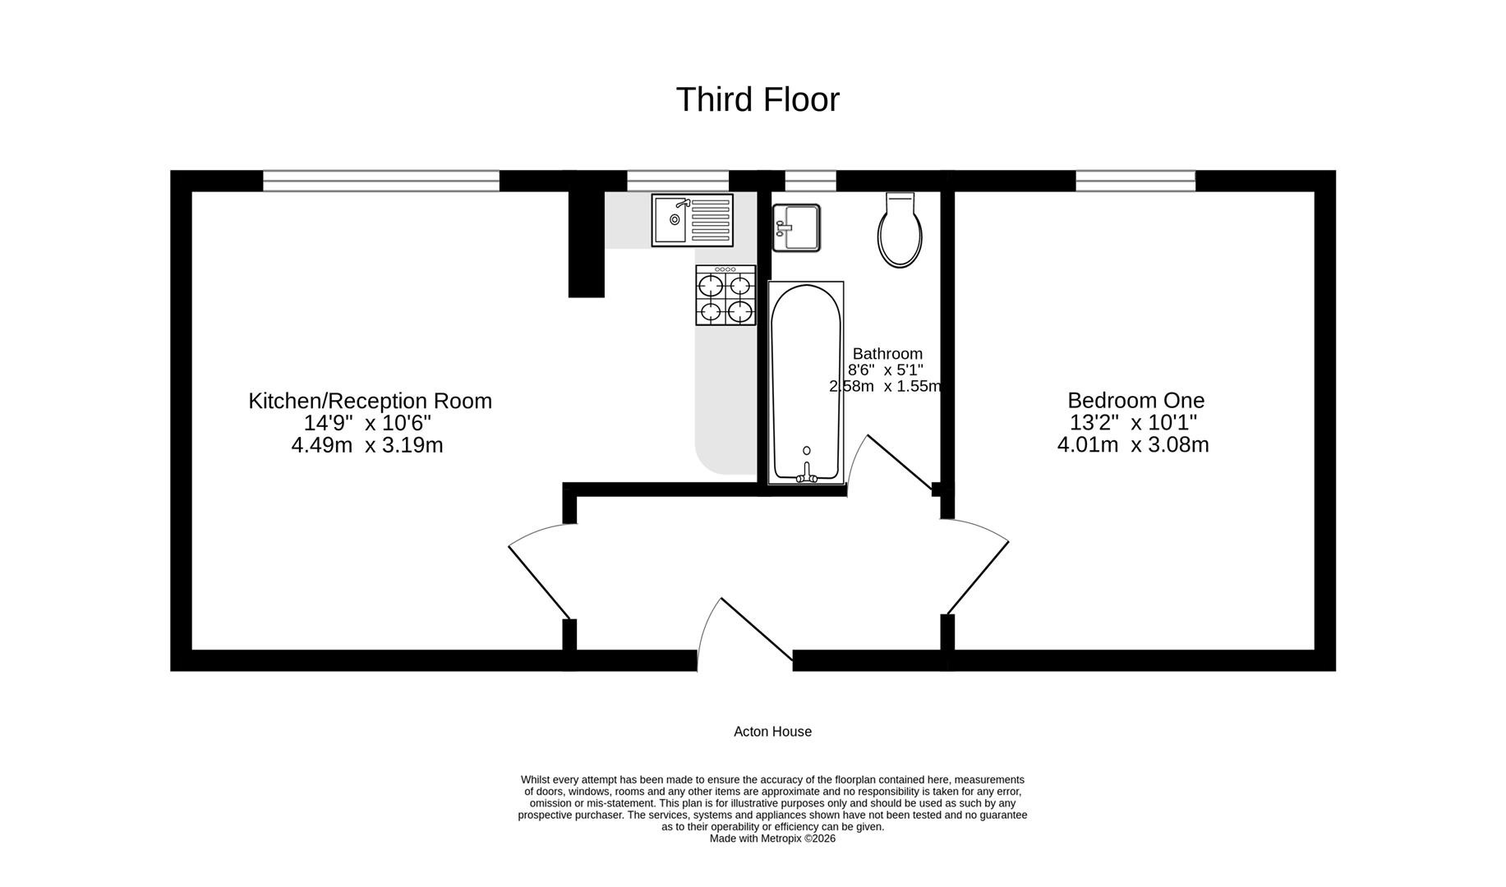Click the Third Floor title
(758, 99)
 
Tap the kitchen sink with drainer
(692, 220)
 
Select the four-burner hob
(725, 295)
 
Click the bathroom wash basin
(796, 227)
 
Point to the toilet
(900, 230)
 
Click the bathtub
(806, 383)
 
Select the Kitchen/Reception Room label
(370, 401)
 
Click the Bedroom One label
(1135, 400)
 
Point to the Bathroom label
(887, 354)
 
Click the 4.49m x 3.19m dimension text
(367, 445)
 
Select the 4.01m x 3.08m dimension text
(1133, 444)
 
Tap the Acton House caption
(772, 732)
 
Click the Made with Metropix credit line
(772, 839)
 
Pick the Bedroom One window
(1135, 181)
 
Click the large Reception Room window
(381, 181)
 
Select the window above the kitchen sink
(678, 181)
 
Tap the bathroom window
(810, 181)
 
